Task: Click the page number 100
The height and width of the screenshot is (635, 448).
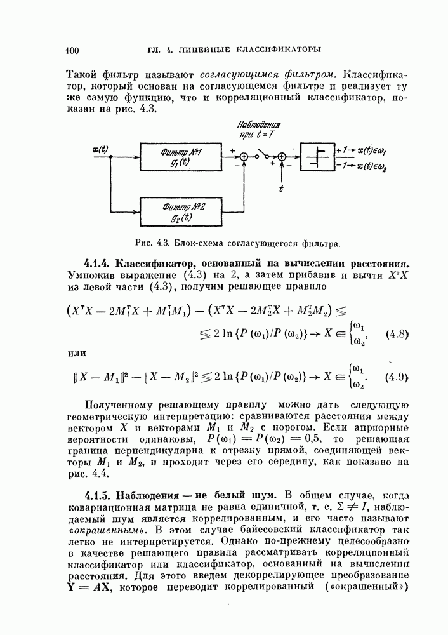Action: [71, 49]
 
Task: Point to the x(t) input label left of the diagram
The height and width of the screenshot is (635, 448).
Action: [100, 150]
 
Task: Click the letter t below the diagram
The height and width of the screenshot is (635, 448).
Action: [281, 189]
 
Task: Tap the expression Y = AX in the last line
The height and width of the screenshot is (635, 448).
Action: [89, 587]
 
